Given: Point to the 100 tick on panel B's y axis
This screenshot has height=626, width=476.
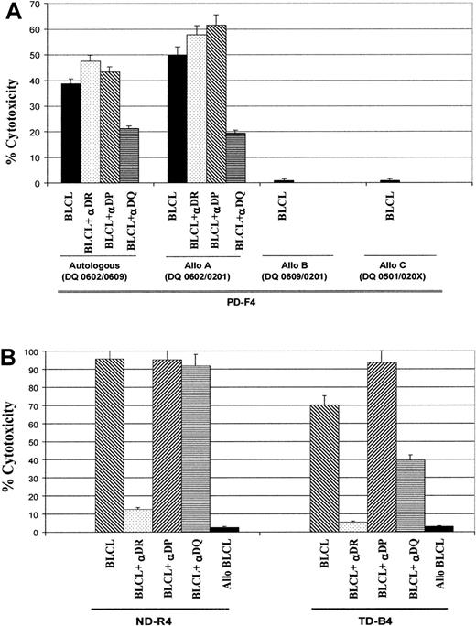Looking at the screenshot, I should point(37,352).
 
